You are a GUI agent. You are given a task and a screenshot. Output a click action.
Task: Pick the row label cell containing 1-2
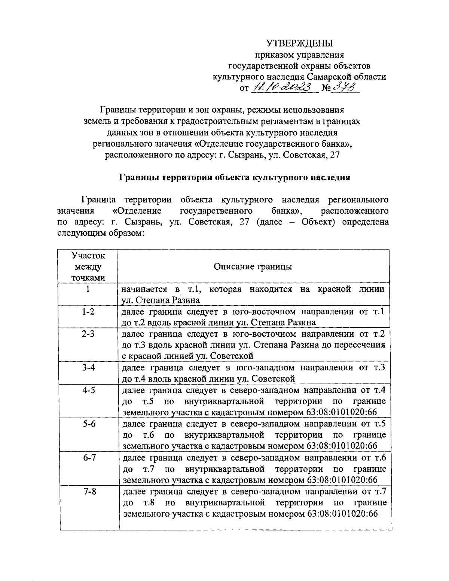[x=88, y=312]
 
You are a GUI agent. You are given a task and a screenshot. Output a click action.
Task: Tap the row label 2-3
[x=88, y=334]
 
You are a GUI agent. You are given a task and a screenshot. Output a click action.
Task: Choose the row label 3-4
[x=88, y=367]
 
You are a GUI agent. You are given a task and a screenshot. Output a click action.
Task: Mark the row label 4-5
[x=88, y=390]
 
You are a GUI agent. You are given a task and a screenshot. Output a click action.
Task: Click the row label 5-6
[x=88, y=423]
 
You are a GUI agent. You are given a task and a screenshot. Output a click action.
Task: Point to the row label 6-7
[x=88, y=457]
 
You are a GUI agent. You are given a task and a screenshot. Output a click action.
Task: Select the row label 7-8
[x=88, y=491]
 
